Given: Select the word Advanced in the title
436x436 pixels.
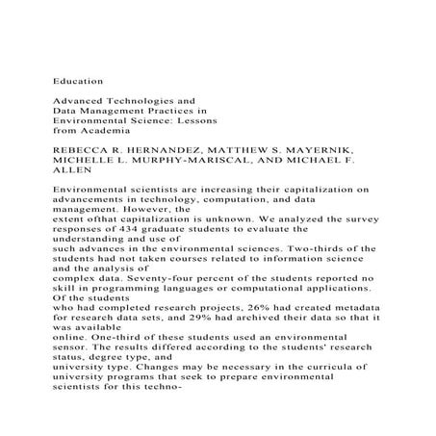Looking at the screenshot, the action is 81,98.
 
